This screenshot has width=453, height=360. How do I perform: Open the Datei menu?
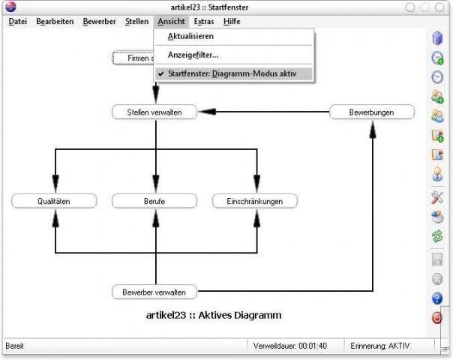(17, 22)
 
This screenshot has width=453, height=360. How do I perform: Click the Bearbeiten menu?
(55, 22)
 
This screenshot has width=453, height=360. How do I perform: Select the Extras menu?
(203, 22)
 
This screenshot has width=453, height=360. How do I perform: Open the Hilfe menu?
(232, 22)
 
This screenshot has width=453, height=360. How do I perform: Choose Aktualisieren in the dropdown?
(190, 36)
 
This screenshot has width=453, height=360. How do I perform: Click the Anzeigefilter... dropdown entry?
(193, 55)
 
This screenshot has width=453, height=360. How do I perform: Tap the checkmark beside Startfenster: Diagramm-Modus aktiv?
(161, 73)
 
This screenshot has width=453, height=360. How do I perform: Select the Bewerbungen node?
(371, 112)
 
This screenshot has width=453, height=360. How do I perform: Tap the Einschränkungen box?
(255, 201)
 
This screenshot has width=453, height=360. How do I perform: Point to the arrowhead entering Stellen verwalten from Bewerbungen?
(207, 112)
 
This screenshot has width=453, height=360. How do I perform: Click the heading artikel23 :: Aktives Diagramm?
(213, 315)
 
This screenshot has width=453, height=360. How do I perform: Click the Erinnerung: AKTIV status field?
(379, 346)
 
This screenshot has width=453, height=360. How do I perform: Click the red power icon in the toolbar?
(436, 318)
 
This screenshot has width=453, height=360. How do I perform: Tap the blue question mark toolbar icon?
(436, 298)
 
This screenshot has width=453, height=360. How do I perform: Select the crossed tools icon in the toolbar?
(436, 197)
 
